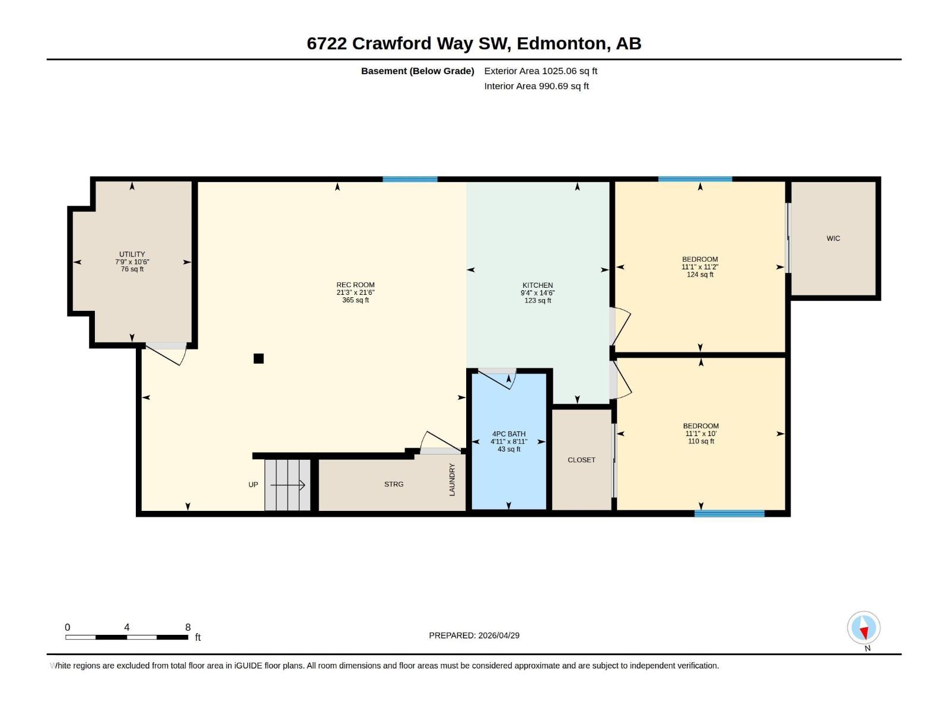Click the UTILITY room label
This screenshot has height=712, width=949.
click(132, 255)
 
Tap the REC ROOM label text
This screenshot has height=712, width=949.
click(355, 285)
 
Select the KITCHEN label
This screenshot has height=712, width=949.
click(537, 285)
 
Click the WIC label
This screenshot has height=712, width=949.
click(833, 239)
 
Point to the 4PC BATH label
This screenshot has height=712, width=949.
click(508, 434)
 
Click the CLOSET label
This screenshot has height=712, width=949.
click(581, 460)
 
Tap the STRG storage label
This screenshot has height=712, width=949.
click(393, 484)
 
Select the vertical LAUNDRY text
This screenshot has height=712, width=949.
click(452, 479)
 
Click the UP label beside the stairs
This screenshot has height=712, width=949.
click(253, 485)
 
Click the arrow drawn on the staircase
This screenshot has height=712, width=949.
click(288, 485)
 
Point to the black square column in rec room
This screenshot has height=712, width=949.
click(259, 358)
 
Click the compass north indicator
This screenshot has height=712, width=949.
click(864, 629)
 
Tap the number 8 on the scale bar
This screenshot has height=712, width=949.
click(188, 627)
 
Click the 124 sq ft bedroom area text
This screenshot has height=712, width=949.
click(700, 275)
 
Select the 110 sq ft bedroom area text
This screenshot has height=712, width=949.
click(700, 441)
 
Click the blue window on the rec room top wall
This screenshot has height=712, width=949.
click(410, 179)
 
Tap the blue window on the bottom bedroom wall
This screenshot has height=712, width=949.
click(729, 514)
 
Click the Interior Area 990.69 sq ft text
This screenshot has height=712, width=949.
click(536, 86)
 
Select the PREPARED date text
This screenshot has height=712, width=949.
click(474, 635)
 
